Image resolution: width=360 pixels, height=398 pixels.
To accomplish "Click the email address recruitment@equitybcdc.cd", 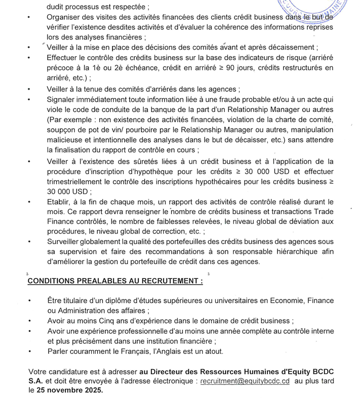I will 245,380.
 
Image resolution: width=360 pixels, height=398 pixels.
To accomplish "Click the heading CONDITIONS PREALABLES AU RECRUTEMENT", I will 114,281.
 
